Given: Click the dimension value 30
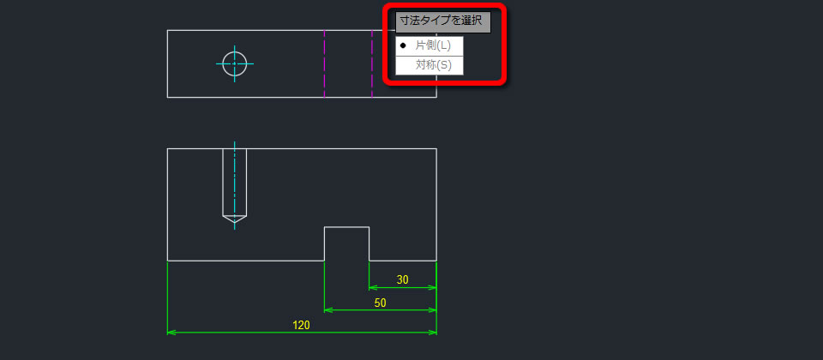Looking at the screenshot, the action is tap(403, 280).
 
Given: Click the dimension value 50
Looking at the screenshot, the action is tap(380, 303).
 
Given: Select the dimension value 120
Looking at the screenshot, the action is tap(301, 326).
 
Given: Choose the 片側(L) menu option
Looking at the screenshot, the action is tap(433, 45).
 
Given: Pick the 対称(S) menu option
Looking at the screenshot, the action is tap(433, 66).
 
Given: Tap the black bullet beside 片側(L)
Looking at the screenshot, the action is tap(403, 45).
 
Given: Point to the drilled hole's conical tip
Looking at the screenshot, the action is tap(235, 222).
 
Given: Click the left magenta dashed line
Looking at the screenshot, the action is tap(324, 63).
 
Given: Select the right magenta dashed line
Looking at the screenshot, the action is tap(372, 63).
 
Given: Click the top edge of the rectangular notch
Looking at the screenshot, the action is tap(347, 227).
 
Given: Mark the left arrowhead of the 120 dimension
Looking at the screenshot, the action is tap(171, 333).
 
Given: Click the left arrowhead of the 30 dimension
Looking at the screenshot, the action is tap(373, 288).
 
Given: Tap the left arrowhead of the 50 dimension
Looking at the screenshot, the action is tap(327, 310).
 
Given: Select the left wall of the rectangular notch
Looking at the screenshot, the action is tap(324, 244).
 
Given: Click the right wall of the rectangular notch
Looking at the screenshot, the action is tap(369, 244).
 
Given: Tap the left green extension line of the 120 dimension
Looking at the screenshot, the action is tap(167, 298).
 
